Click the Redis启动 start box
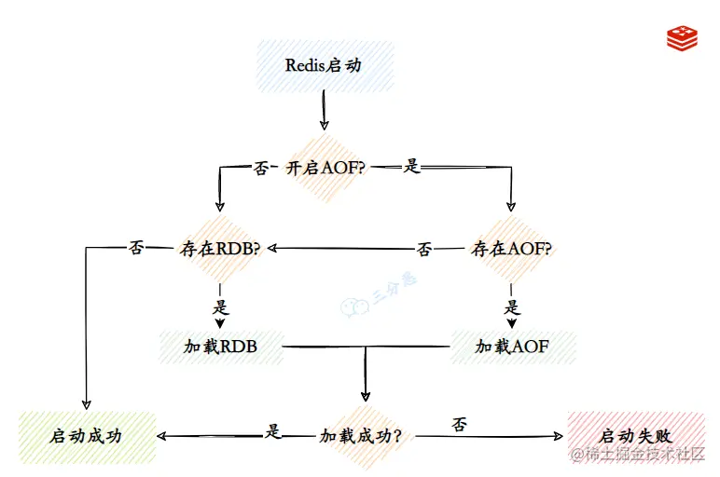coord(324,65)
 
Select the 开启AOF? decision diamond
coord(324,169)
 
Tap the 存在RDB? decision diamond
coord(219,249)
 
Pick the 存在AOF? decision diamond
coord(511,249)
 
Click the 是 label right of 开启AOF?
coord(411,169)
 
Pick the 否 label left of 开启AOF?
coord(261,169)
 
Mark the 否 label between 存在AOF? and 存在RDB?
coord(423,250)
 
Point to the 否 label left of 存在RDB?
coord(136,249)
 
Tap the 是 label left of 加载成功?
coord(273,430)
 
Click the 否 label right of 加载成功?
coord(459,425)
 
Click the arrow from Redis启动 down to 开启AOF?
coord(324,111)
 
